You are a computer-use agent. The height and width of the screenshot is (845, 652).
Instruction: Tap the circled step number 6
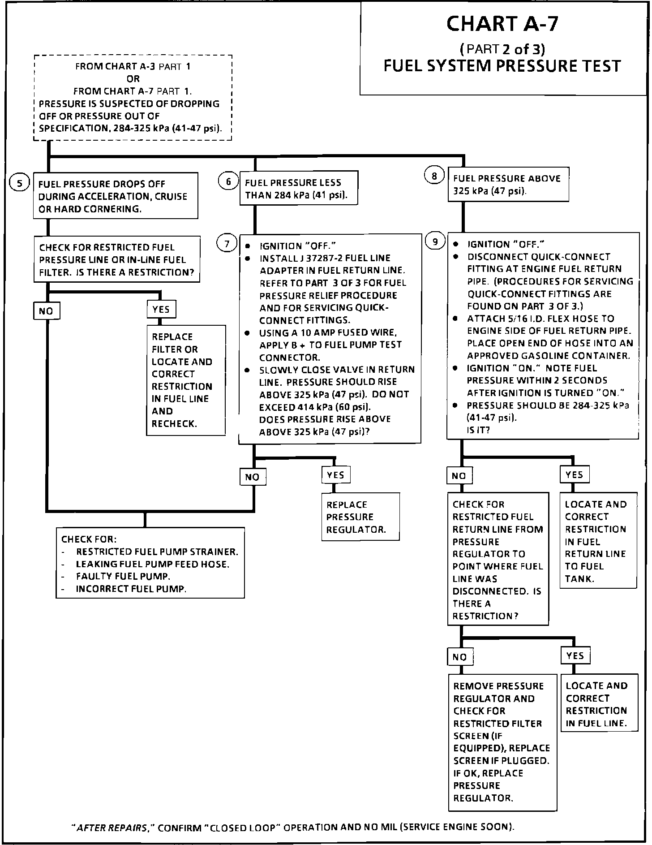(x=228, y=181)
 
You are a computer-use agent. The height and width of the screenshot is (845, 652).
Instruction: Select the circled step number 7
(x=227, y=244)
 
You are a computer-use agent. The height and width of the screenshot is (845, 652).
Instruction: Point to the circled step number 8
(x=434, y=176)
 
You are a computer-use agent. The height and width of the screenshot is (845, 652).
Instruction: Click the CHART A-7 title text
(x=502, y=24)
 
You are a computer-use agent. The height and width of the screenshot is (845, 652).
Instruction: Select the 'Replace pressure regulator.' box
(x=360, y=517)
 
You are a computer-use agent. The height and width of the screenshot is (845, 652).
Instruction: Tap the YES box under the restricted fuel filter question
(x=161, y=309)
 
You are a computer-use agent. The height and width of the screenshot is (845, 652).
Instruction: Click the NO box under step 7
(x=253, y=477)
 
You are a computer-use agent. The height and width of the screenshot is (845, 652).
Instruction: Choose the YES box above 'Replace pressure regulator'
(x=335, y=475)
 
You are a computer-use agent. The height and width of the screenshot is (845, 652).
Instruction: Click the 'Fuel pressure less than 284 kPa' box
(x=299, y=188)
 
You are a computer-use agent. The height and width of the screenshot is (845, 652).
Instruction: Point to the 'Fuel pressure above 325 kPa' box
(x=508, y=185)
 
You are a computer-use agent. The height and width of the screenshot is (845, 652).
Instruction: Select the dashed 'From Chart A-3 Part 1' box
(x=133, y=98)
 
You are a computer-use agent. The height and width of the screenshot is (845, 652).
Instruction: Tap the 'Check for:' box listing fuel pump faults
(x=150, y=563)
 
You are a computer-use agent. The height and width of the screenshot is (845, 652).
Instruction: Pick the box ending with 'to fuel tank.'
(x=598, y=541)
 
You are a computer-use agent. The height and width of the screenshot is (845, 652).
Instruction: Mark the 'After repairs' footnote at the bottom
(x=293, y=827)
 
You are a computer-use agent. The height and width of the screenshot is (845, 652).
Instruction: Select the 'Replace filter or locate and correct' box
(x=185, y=380)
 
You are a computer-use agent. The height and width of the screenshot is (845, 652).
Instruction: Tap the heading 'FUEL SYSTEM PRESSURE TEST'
(x=502, y=66)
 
